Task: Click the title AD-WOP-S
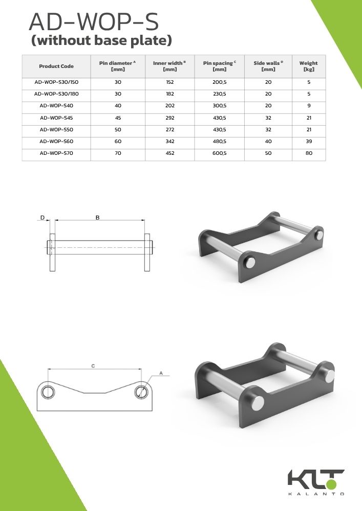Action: tap(94, 22)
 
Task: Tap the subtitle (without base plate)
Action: tap(101, 40)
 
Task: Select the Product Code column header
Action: tap(56, 66)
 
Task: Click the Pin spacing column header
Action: tap(219, 66)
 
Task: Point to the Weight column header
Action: tap(308, 66)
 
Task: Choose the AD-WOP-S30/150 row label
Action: tap(56, 82)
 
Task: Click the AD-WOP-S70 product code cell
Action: tap(56, 153)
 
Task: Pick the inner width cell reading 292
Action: tap(170, 118)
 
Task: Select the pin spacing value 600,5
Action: tap(219, 153)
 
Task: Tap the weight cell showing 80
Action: tap(309, 153)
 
